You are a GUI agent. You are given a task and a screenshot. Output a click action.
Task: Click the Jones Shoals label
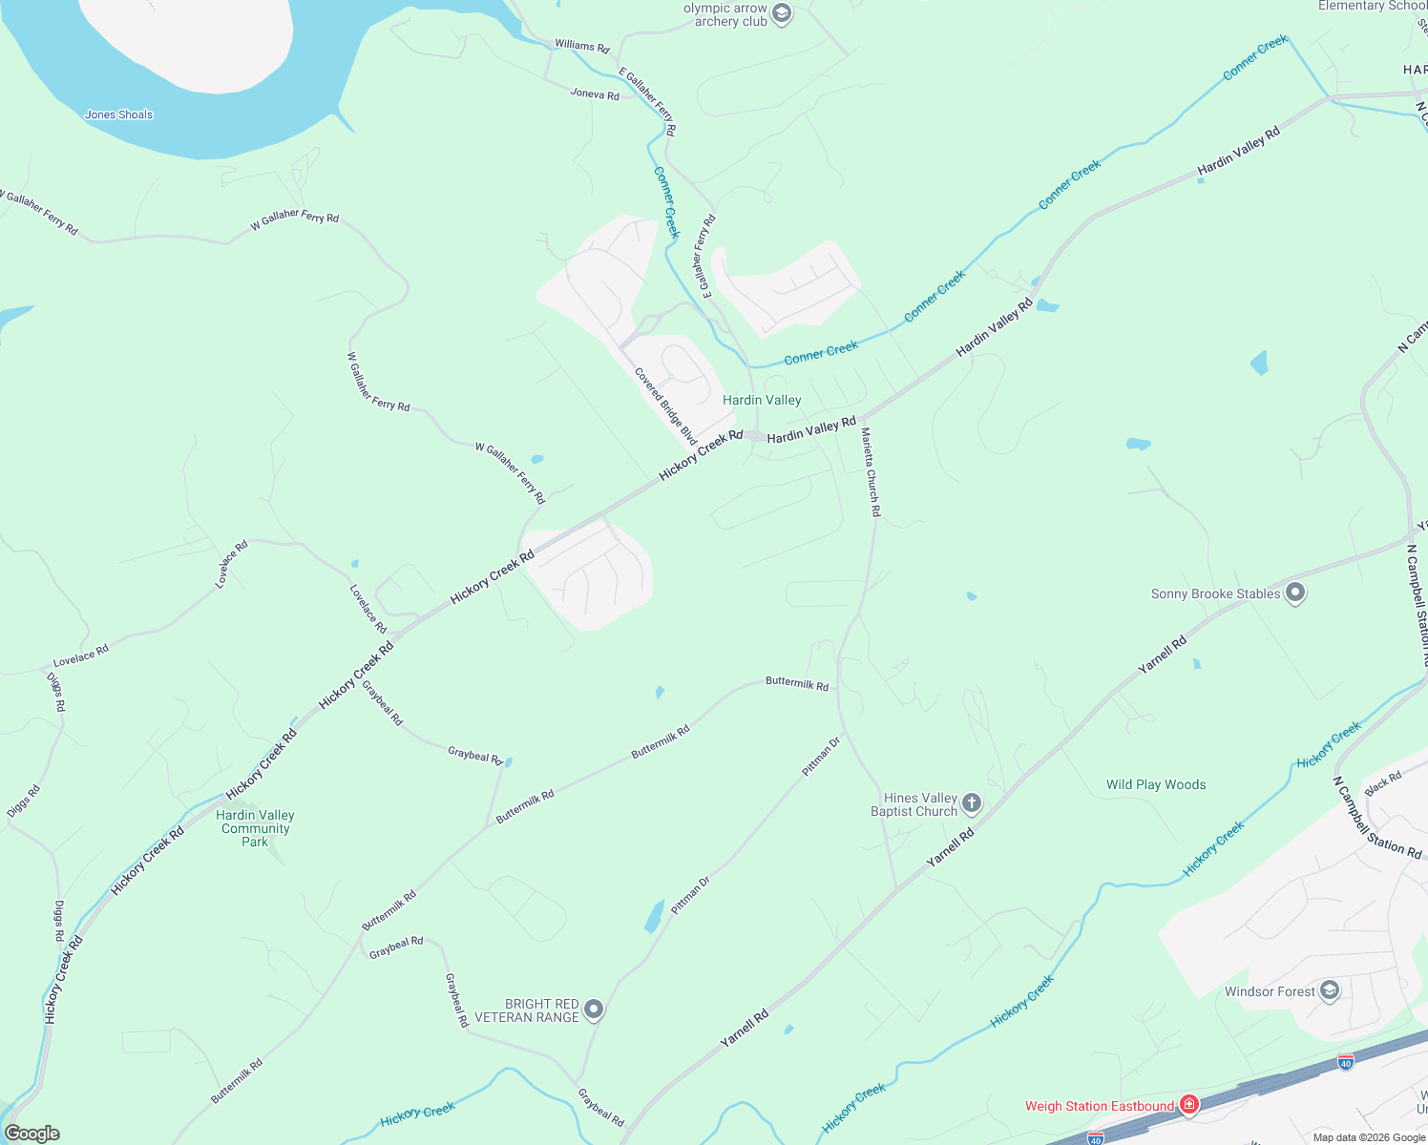[x=118, y=114]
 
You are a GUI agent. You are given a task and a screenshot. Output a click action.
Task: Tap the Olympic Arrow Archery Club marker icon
[x=782, y=13]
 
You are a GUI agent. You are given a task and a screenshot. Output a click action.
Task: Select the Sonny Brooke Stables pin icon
[x=1295, y=593]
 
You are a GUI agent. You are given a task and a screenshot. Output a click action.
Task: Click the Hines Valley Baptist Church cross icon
[x=972, y=803]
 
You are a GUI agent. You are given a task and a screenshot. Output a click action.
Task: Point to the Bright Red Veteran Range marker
[x=594, y=1010]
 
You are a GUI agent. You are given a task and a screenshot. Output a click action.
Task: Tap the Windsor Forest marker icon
[x=1330, y=990]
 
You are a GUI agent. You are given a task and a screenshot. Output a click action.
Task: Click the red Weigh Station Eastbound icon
[x=1188, y=1105]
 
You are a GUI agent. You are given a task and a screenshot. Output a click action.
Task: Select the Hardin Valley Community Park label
[x=255, y=828]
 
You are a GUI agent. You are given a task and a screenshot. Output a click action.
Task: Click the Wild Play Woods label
[x=1156, y=784]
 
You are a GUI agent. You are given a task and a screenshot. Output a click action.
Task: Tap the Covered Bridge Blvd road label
[x=665, y=406]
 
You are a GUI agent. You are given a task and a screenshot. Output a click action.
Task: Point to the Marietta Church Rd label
[x=871, y=472]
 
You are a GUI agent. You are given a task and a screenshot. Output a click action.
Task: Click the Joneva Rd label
[x=595, y=94]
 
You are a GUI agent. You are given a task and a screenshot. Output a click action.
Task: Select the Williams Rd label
[x=581, y=46]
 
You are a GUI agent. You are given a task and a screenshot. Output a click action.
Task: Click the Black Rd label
[x=1383, y=784]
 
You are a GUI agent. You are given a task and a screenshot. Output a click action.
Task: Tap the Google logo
[x=32, y=1134]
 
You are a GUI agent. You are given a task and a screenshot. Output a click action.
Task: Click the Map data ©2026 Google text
[x=1369, y=1137]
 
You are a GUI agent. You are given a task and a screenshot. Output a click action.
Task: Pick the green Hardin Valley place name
[x=762, y=400]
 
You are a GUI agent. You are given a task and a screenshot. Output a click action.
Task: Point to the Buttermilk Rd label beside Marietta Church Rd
[x=797, y=683]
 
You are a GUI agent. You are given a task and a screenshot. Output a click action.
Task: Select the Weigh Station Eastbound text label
[x=1100, y=1106]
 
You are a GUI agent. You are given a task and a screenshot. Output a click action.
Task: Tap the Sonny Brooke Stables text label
[x=1215, y=593]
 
